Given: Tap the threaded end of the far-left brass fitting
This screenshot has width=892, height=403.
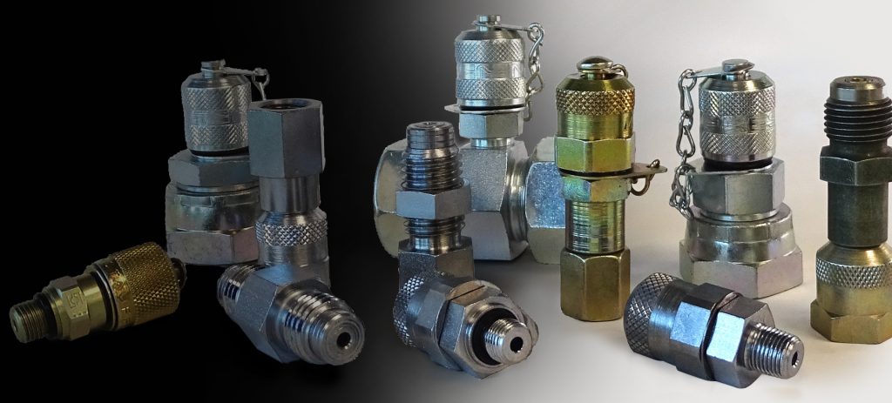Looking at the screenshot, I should [x=25, y=317].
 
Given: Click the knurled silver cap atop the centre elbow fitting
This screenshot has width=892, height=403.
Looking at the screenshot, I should [x=491, y=65].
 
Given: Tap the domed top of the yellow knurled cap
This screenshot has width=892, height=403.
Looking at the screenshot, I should [x=594, y=64].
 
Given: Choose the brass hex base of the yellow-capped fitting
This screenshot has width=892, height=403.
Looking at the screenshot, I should [x=594, y=282].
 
